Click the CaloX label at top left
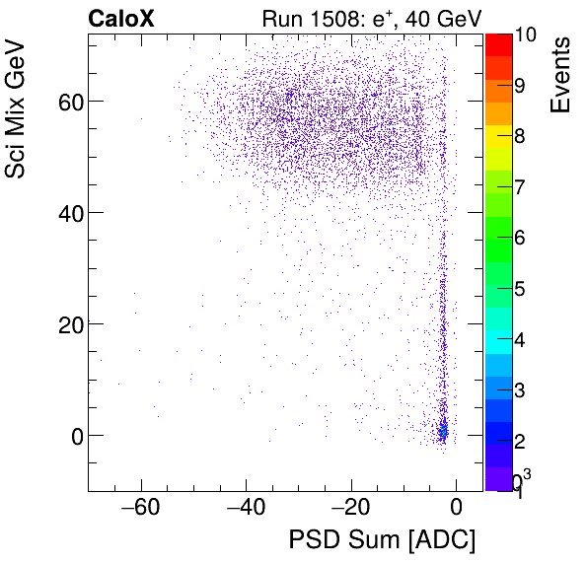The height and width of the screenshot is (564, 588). (122, 18)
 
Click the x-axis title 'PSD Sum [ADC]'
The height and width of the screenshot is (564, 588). (381, 540)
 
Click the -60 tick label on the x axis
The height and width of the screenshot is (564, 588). (140, 509)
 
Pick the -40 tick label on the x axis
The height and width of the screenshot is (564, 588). (246, 509)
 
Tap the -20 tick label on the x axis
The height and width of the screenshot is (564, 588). (350, 509)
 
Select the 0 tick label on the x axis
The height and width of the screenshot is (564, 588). (456, 509)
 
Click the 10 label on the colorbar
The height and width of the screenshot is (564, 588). (525, 35)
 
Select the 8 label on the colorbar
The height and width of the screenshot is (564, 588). (520, 136)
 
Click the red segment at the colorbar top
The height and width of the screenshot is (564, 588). (498, 43)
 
